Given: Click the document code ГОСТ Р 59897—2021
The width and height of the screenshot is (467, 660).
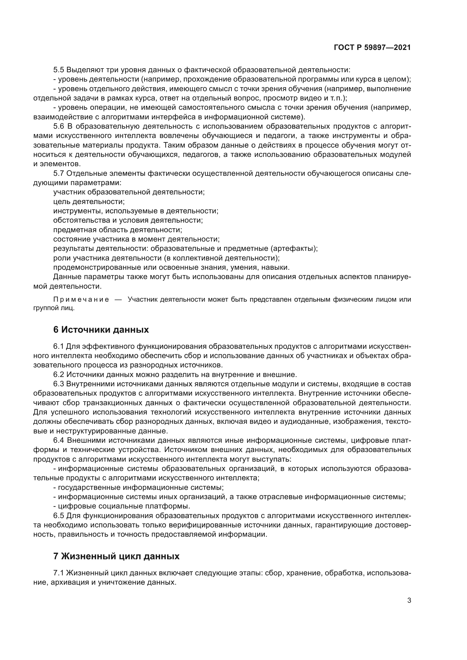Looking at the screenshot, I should point(372,47).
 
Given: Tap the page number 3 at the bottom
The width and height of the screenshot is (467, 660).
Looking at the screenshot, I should point(409,600).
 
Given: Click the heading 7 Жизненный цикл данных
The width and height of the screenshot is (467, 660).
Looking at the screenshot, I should point(116,556).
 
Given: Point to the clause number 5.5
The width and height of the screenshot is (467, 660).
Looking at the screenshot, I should point(59,70).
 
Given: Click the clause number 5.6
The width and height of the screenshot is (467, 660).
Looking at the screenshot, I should point(59,126).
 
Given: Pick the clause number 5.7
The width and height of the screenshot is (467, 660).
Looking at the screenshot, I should point(59,174).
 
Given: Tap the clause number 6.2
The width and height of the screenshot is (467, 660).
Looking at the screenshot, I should point(59,374).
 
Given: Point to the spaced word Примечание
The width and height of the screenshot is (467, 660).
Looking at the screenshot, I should point(81,300).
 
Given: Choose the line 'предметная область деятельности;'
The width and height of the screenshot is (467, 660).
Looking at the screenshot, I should point(118,230).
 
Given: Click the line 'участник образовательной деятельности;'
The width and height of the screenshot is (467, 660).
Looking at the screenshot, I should point(129,192).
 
